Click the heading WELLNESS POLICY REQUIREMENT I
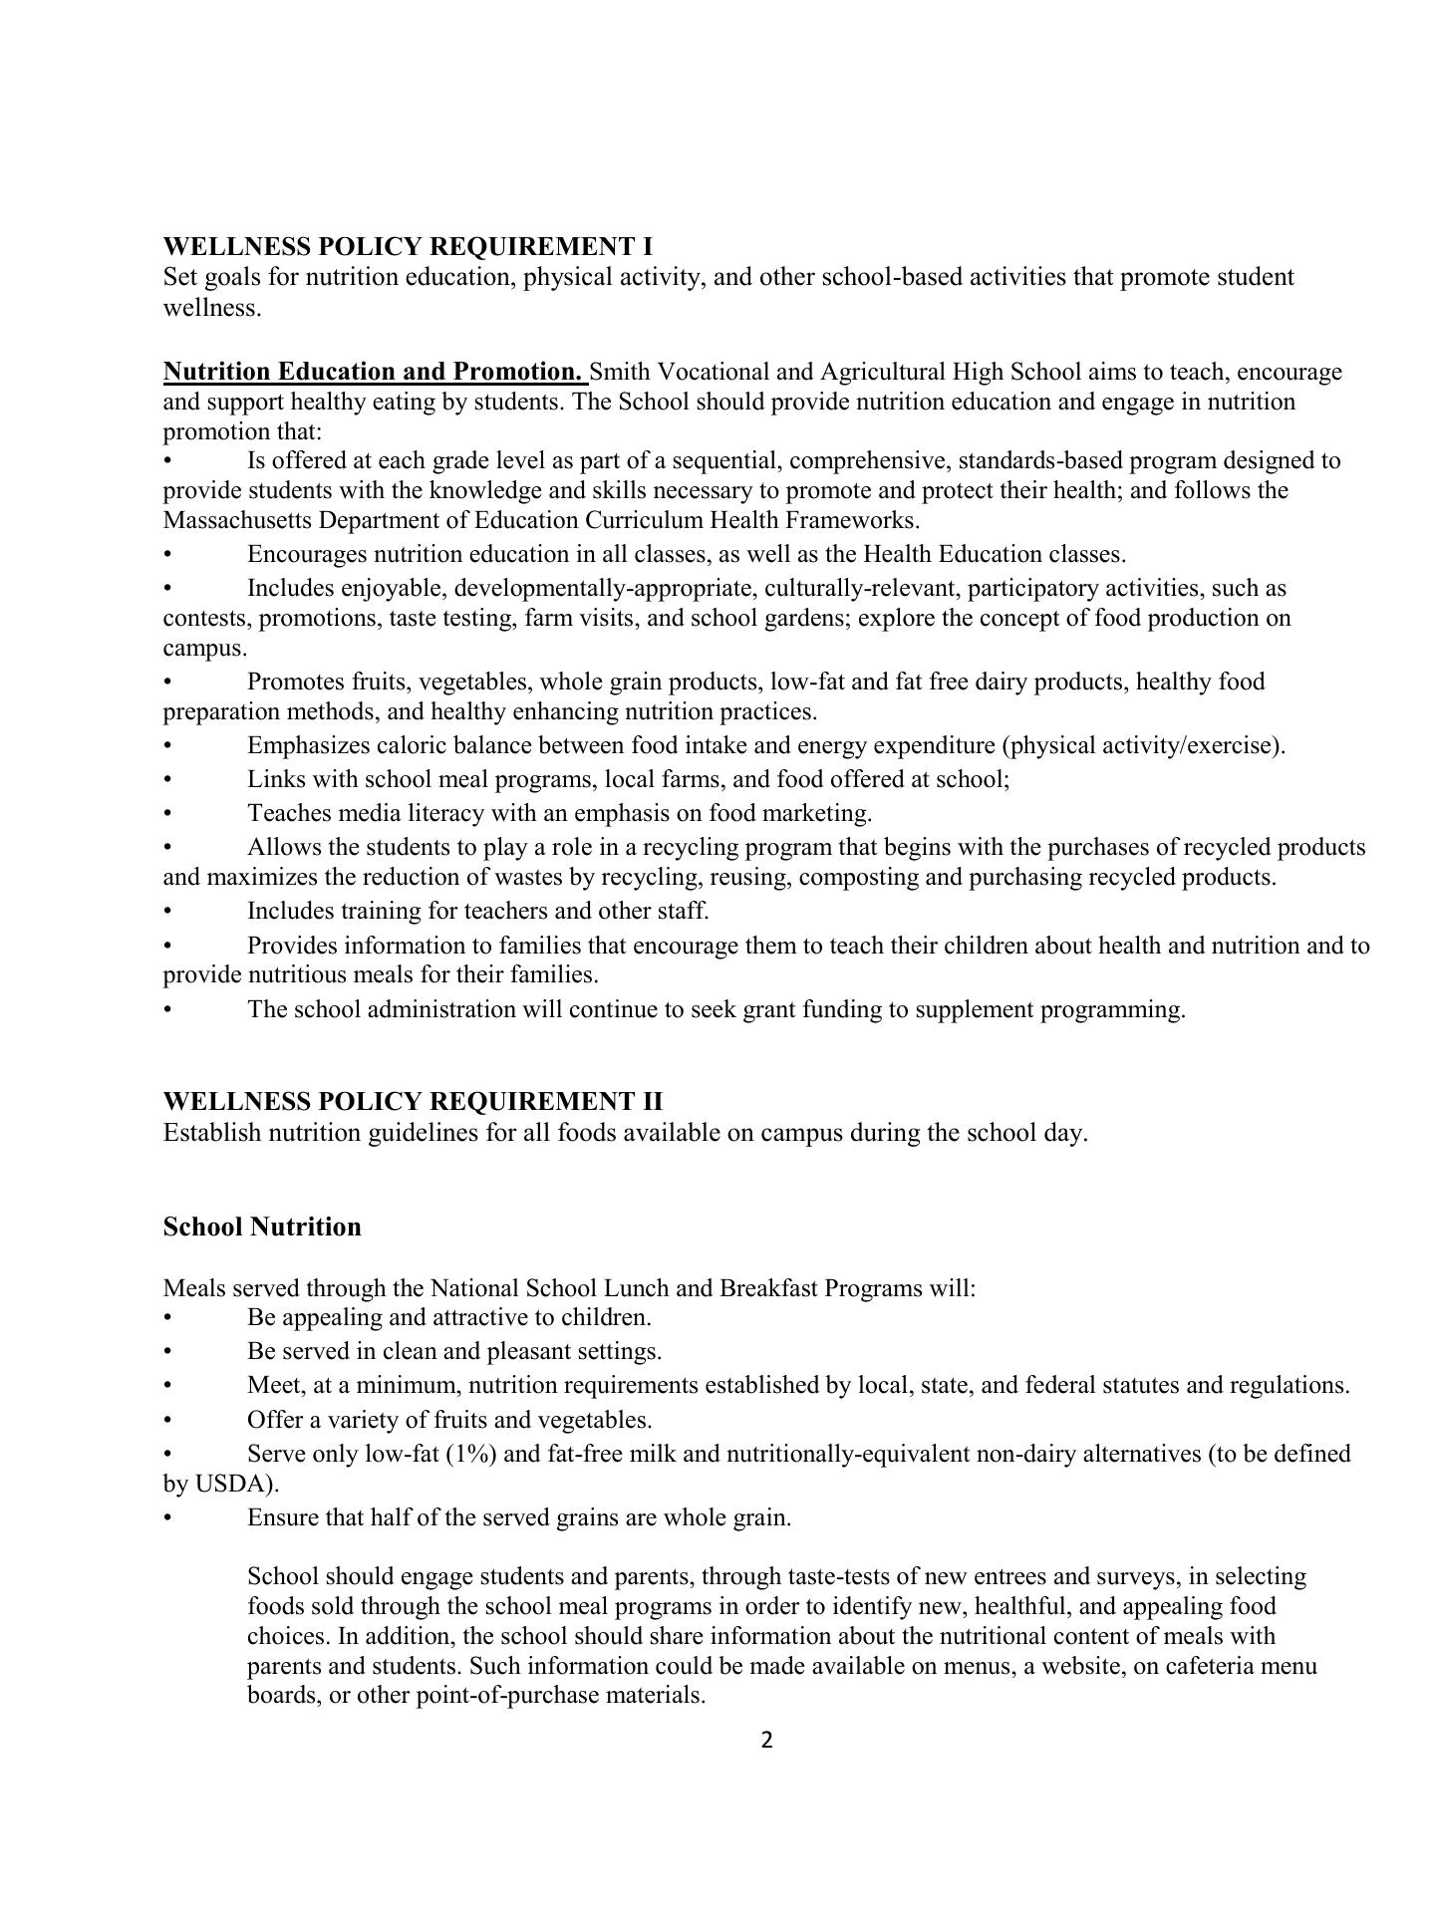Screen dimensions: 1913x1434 coord(408,246)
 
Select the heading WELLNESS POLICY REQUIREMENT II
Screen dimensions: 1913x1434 coord(413,1101)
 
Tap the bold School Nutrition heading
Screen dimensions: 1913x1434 coord(262,1227)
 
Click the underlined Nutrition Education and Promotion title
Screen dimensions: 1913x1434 coord(374,372)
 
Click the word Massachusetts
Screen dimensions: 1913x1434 coord(230,520)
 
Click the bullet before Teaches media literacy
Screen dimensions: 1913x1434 coord(168,813)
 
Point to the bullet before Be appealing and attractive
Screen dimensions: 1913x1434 coord(168,1317)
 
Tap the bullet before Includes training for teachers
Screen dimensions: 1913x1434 coord(168,911)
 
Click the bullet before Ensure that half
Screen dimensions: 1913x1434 coord(168,1517)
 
